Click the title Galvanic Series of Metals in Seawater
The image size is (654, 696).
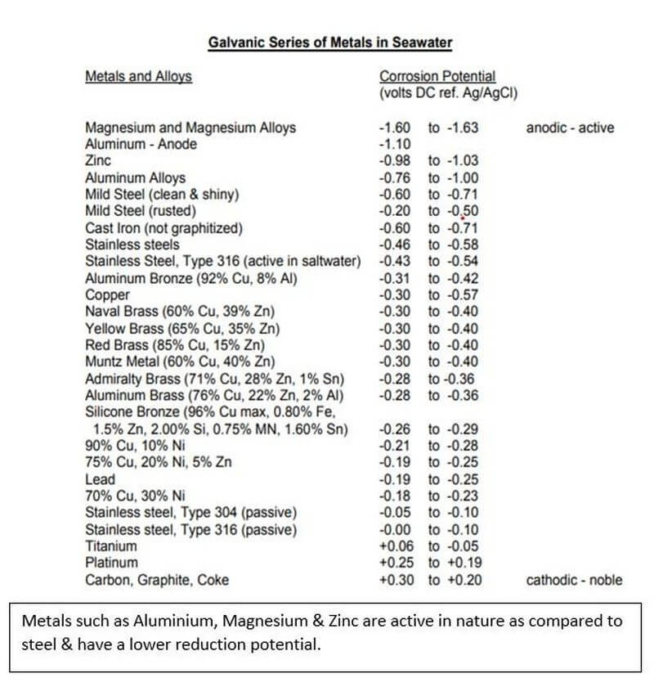click(x=330, y=41)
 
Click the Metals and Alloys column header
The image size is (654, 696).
click(x=138, y=77)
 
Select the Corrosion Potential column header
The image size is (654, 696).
click(x=437, y=77)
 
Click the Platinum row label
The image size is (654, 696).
click(x=111, y=563)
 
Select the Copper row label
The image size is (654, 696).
click(x=108, y=295)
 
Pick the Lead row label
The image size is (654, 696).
click(x=100, y=479)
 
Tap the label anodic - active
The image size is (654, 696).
click(x=570, y=128)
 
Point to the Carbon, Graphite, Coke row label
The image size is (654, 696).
click(x=157, y=580)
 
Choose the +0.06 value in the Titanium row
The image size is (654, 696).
click(x=396, y=546)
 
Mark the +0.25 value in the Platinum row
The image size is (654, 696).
click(x=396, y=563)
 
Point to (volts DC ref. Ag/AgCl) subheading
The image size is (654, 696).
click(x=449, y=93)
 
